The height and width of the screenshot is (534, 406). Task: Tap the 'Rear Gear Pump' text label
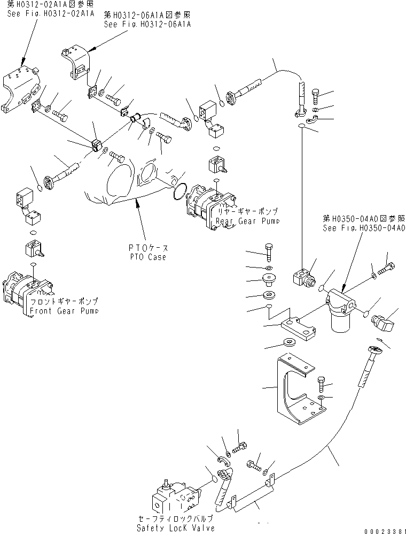click(247, 221)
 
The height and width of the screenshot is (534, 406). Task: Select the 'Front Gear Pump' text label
click(64, 311)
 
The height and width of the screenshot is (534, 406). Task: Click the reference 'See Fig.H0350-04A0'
click(364, 227)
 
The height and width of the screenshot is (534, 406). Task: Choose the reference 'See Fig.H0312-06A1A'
click(147, 24)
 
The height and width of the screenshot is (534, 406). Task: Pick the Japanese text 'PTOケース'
click(149, 248)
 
